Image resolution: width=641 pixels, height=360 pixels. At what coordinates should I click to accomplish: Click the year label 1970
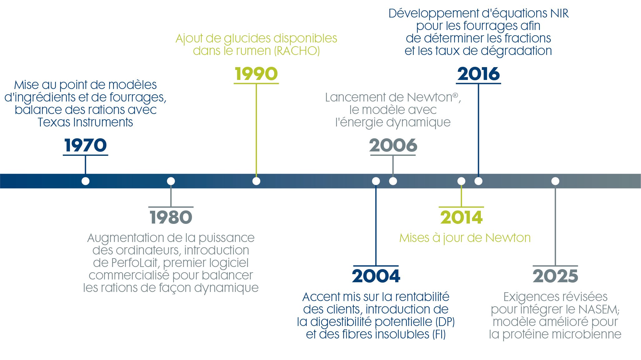tap(86, 145)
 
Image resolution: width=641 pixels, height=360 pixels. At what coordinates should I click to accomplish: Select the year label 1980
tap(171, 217)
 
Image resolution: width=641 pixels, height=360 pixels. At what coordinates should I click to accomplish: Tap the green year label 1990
tap(256, 74)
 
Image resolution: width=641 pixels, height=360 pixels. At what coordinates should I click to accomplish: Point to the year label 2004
tap(376, 276)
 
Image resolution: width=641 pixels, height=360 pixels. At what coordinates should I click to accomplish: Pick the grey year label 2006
tap(393, 145)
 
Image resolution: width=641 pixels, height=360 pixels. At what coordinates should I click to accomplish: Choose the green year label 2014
tap(461, 217)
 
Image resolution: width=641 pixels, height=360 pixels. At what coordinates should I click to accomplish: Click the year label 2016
tap(479, 74)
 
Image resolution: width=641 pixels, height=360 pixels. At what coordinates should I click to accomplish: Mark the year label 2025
tap(555, 276)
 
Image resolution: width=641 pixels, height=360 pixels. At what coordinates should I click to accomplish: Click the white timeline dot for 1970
tap(86, 181)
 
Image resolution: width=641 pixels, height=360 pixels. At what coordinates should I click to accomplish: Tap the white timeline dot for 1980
tap(171, 181)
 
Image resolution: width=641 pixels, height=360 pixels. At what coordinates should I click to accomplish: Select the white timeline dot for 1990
tap(256, 181)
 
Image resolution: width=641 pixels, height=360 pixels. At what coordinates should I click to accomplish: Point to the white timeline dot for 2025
tap(555, 181)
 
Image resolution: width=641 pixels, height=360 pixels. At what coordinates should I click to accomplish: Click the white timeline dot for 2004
tap(376, 181)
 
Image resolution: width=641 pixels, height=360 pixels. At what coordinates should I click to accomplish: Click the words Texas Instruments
tap(85, 122)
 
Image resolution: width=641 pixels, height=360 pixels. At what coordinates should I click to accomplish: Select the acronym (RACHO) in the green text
tap(297, 51)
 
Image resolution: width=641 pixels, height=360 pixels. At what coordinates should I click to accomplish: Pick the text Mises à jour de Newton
tap(465, 238)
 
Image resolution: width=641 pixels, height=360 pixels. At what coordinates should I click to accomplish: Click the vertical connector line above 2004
tap(376, 225)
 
